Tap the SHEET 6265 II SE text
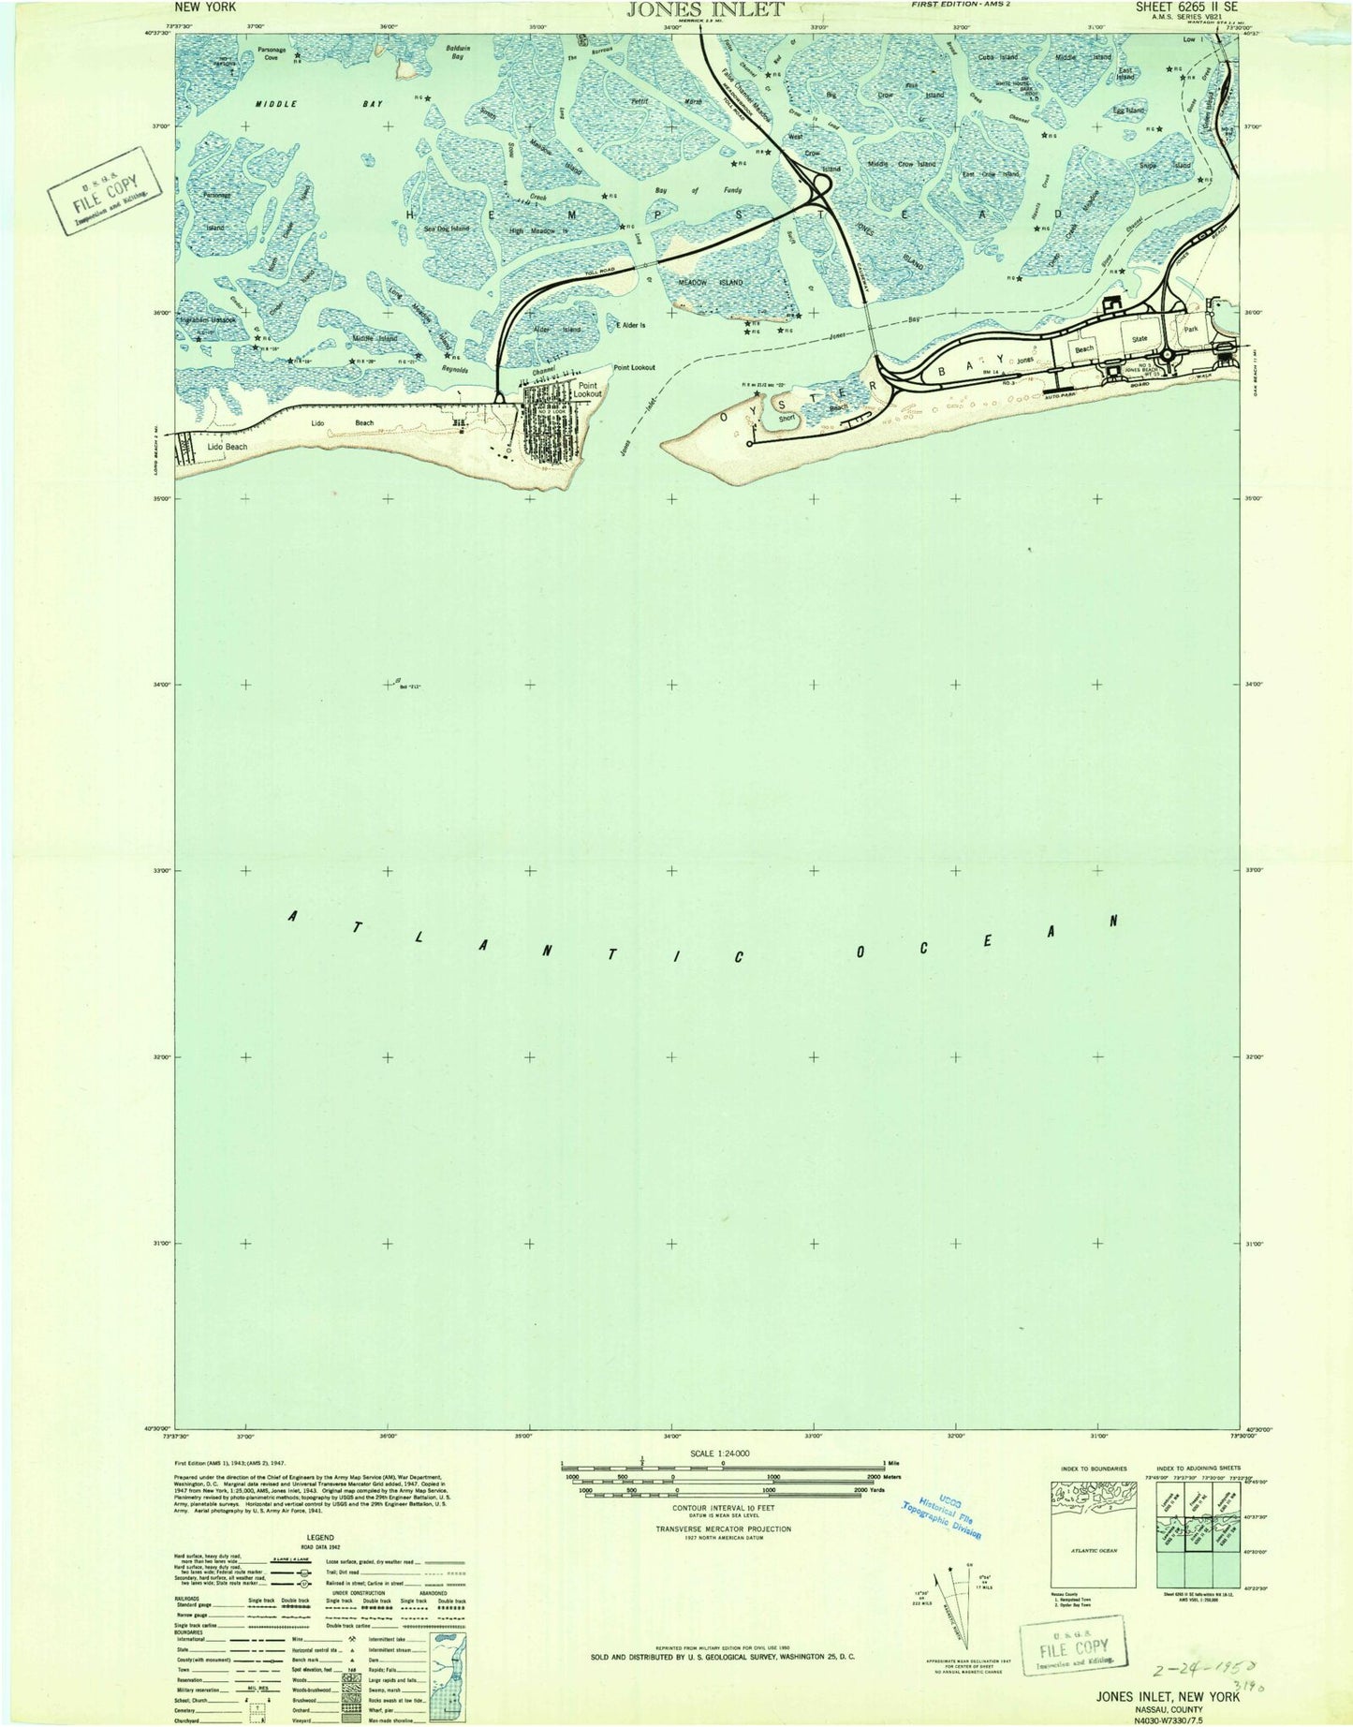pos(1187,7)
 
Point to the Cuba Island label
pos(996,57)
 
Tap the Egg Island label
pos(1127,111)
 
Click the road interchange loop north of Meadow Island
pos(817,189)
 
